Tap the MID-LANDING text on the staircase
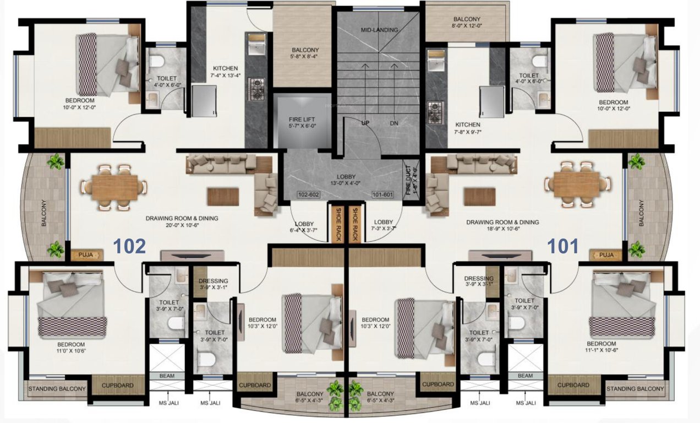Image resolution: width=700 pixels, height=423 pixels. click(x=379, y=30)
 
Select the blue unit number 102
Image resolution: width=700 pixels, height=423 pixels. click(x=130, y=246)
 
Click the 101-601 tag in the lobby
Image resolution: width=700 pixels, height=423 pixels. click(x=382, y=194)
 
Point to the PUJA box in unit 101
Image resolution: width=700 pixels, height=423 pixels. click(x=606, y=255)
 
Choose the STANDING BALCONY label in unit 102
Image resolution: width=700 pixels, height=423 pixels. click(x=57, y=389)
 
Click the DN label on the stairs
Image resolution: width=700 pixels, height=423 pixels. click(x=393, y=123)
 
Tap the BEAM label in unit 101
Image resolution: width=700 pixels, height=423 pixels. click(x=525, y=375)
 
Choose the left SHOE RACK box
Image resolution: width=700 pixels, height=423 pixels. click(x=335, y=223)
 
